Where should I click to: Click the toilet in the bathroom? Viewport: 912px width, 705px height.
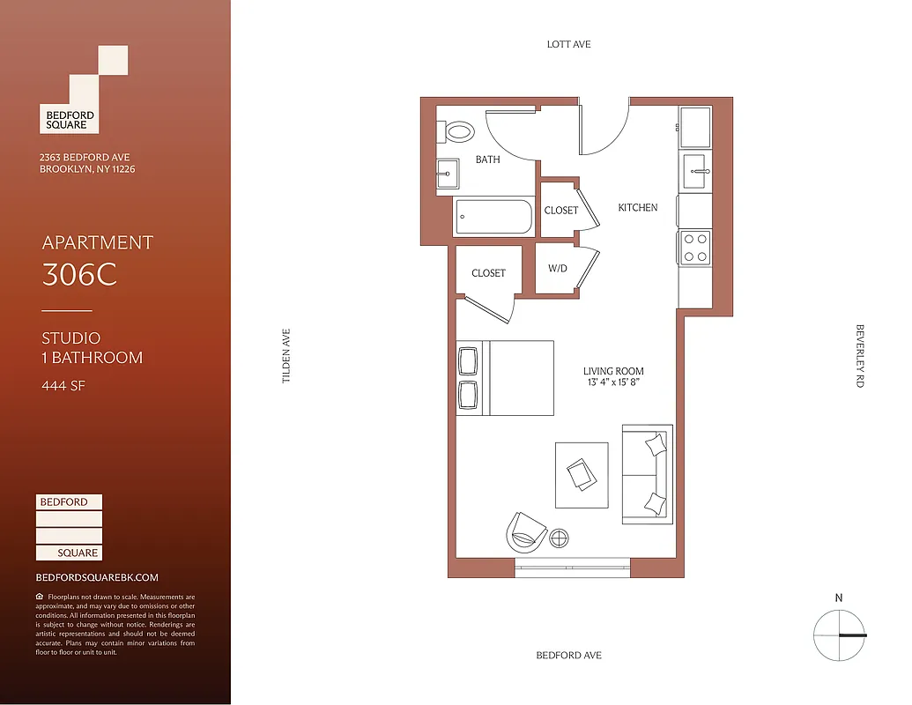click(x=458, y=132)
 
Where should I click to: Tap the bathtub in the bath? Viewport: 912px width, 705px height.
click(x=493, y=217)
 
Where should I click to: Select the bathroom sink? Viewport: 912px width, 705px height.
click(x=448, y=174)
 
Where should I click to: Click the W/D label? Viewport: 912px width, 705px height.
click(x=558, y=269)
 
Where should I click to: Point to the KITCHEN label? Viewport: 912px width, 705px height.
click(x=637, y=208)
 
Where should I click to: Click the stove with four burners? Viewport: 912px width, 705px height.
click(x=694, y=247)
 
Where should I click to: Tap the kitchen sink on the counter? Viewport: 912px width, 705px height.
click(x=695, y=171)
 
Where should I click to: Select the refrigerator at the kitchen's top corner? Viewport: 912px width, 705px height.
click(x=695, y=127)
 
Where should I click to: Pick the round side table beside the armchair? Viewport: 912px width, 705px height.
click(x=559, y=538)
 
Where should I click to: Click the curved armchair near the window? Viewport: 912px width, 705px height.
click(x=526, y=530)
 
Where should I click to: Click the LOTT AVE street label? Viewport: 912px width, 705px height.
click(x=568, y=44)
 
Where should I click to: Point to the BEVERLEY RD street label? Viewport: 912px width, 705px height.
click(x=860, y=356)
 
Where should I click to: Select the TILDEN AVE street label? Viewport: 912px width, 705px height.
click(x=285, y=356)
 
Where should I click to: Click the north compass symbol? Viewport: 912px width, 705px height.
click(x=838, y=634)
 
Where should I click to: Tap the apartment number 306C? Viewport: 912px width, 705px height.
click(x=79, y=275)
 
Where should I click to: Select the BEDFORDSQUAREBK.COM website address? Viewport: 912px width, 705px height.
click(x=97, y=577)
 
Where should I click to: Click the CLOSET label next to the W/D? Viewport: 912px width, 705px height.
click(x=488, y=273)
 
